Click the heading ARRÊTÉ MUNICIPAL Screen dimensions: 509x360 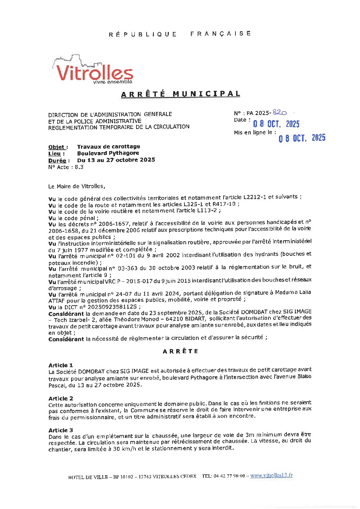pyautogui.click(x=180, y=94)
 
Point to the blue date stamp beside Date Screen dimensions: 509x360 pyautogui.click(x=276, y=124)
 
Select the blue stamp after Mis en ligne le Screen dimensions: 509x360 pyautogui.click(x=302, y=138)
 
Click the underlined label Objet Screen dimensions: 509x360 pyautogui.click(x=58, y=147)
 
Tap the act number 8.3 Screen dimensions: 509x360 pyautogui.click(x=79, y=167)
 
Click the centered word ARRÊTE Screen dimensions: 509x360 pyautogui.click(x=180, y=351)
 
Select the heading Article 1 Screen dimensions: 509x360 pyautogui.click(x=61, y=365)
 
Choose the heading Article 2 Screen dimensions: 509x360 pyautogui.click(x=61, y=398)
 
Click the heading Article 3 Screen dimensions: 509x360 pyautogui.click(x=61, y=430)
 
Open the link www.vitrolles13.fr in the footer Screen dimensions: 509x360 pyautogui.click(x=271, y=476)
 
